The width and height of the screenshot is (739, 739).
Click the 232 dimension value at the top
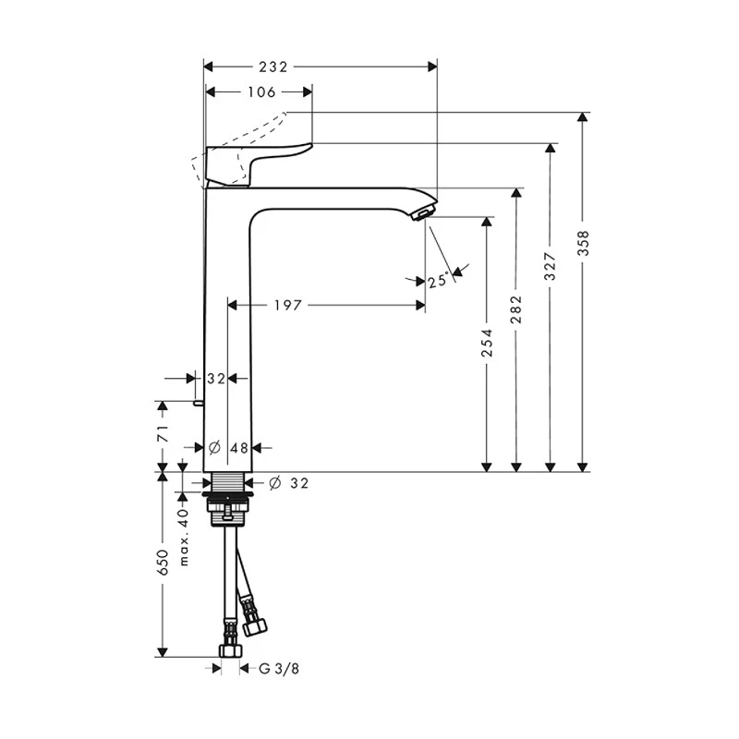273,67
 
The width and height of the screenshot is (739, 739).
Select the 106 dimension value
262,91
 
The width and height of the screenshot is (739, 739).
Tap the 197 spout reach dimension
287,305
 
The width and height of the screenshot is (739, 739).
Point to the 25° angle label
438,279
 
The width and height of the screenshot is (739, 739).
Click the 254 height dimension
487,344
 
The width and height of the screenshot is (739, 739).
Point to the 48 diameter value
239,448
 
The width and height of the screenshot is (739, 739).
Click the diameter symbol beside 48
213,448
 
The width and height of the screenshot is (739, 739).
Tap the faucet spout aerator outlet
420,215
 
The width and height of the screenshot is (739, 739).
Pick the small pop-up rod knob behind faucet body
198,403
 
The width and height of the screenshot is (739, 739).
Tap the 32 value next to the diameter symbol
299,483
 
